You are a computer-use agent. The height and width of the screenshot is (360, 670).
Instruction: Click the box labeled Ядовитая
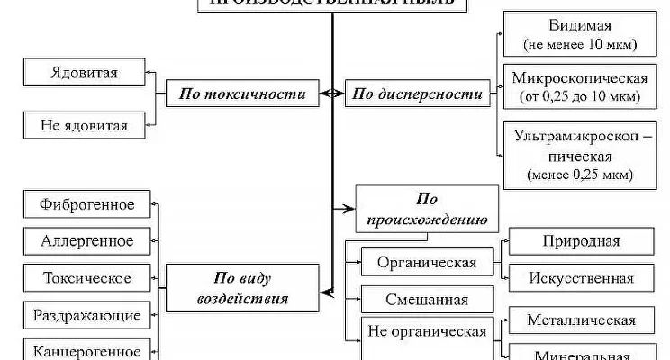[85, 71]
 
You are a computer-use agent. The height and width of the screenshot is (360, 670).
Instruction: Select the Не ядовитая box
[85, 125]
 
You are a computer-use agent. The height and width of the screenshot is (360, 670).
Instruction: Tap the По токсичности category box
[243, 93]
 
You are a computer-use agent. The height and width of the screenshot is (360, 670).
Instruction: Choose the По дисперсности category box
[415, 93]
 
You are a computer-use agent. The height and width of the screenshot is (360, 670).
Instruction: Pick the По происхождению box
[426, 209]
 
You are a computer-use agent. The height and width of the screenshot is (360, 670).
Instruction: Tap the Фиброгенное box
[87, 204]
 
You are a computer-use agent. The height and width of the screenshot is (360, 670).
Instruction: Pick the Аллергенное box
[87, 241]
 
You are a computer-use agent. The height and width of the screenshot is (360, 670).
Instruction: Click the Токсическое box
[87, 278]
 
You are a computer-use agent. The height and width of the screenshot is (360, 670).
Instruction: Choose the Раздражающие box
[87, 315]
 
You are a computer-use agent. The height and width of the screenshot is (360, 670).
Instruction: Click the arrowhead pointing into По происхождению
[350, 209]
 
